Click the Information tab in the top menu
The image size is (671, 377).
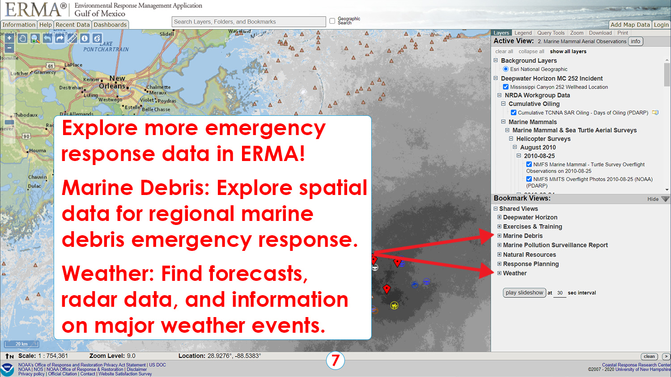tap(18, 25)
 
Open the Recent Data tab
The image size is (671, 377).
tap(72, 25)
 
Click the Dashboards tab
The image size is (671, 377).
tap(110, 25)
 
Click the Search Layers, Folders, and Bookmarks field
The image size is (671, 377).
tap(249, 21)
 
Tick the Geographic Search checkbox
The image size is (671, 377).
tap(332, 21)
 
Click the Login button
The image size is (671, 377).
tap(661, 25)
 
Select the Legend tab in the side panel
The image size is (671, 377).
tap(523, 33)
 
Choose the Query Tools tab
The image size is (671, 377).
tap(551, 33)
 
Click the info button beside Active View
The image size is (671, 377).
tap(636, 41)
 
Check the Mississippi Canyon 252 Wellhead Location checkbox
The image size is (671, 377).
tap(505, 87)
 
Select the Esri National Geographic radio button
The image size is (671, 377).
tap(505, 69)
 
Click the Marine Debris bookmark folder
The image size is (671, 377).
tap(522, 236)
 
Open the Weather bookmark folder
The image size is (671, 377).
tap(514, 273)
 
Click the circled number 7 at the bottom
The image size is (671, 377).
tap(335, 360)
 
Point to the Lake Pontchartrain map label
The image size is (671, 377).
tap(106, 47)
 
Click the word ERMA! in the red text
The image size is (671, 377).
tap(273, 154)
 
